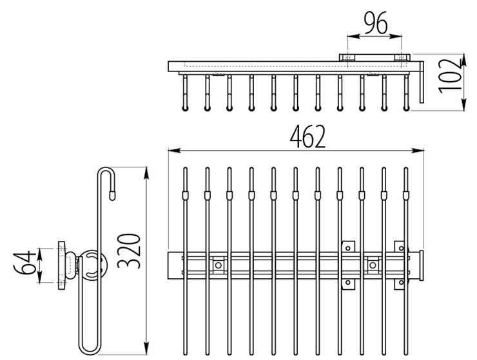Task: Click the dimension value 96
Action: tap(375, 24)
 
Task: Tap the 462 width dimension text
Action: tap(307, 137)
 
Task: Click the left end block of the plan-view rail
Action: tap(173, 265)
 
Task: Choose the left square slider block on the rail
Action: tap(219, 265)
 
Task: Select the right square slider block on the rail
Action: tap(372, 265)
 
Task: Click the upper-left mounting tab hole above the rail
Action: tap(349, 246)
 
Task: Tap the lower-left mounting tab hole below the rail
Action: tap(349, 282)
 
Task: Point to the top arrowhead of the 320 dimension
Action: tap(148, 172)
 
